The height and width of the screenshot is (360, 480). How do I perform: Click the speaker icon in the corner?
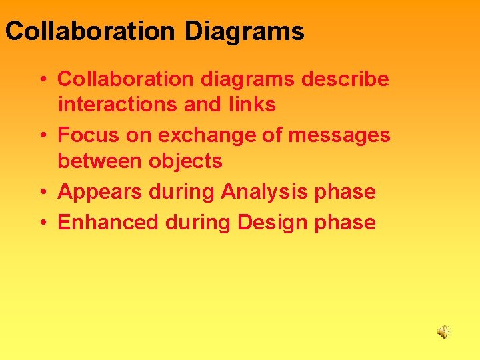pos(443,331)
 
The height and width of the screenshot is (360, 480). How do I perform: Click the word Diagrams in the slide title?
pos(244,31)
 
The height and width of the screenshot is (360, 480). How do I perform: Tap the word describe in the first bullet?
pos(345,79)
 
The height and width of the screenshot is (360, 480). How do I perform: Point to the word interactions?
pos(116,105)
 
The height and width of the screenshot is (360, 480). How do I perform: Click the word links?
pos(251,105)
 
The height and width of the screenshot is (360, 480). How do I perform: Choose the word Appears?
pos(100,192)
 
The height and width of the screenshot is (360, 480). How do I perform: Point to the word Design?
pos(270,223)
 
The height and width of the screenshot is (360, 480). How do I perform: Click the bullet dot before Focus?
pos(42,136)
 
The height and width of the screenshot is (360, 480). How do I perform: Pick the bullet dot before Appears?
pos(42,193)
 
